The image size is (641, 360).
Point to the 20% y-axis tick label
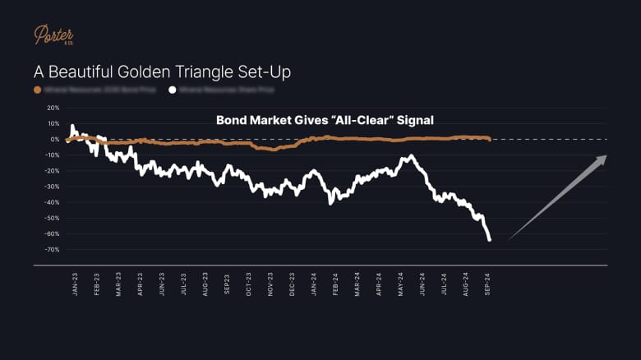pos(53,108)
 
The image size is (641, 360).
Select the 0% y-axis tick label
pos(55,139)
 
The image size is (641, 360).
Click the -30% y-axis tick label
pos(53,187)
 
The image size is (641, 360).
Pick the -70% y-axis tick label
pos(53,250)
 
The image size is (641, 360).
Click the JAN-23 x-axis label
pos(76,284)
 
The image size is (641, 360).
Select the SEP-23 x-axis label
pos(228,284)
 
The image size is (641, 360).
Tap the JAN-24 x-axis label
pos(315,284)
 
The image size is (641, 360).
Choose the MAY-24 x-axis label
pos(401,284)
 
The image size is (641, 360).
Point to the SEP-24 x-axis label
pos(488,284)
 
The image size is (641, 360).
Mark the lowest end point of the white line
pos(490,240)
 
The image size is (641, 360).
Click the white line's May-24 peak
pos(410,155)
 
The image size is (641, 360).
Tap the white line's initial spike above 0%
pos(73,126)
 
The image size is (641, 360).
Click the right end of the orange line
pos(490,139)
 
